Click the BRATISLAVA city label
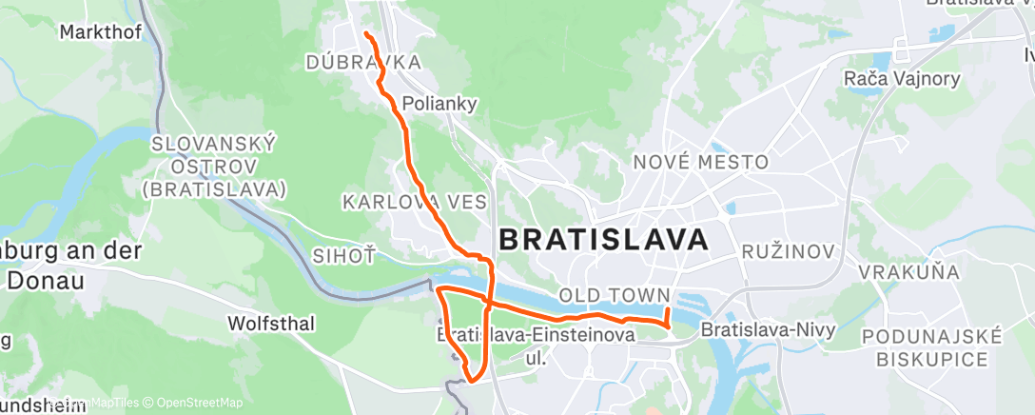tap(603, 239)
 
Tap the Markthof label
tap(100, 32)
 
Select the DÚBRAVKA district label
tap(362, 63)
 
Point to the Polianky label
tap(439, 103)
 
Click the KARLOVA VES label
tap(414, 202)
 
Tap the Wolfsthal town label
tap(271, 324)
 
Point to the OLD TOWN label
tap(615, 295)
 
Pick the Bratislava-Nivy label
tap(767, 330)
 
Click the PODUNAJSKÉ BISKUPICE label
tap(931, 347)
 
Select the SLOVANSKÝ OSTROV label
tap(214, 166)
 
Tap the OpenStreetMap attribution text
tap(197, 403)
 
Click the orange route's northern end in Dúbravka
tap(366, 35)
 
